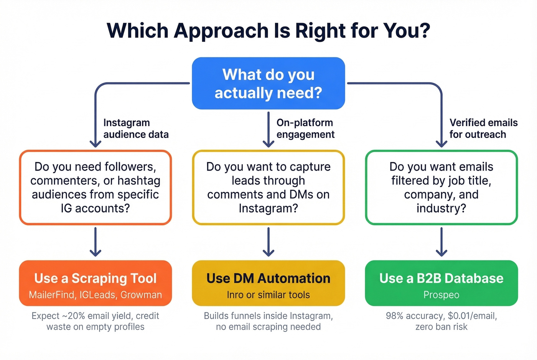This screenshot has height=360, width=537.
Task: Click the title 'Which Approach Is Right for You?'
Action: pyautogui.click(x=268, y=31)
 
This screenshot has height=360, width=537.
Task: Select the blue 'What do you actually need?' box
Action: pyautogui.click(x=268, y=83)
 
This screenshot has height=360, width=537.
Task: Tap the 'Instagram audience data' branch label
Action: pyautogui.click(x=136, y=128)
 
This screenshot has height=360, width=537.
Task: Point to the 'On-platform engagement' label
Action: pyautogui.click(x=305, y=128)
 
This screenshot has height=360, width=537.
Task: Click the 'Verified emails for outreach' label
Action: pyautogui.click(x=483, y=128)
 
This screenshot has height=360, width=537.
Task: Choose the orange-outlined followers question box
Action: pyautogui.click(x=96, y=187)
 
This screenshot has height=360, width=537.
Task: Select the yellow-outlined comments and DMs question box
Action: pyautogui.click(x=268, y=187)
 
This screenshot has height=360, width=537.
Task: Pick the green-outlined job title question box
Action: pyautogui.click(x=441, y=187)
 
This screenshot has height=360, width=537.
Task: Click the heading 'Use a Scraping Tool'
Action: pyautogui.click(x=96, y=278)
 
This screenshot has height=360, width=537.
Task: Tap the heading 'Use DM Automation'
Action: pyautogui.click(x=268, y=278)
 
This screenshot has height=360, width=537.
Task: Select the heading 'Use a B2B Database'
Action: pyautogui.click(x=441, y=278)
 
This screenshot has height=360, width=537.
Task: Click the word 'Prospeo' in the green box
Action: pyautogui.click(x=441, y=295)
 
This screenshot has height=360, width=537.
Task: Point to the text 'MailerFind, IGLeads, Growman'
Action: pyautogui.click(x=96, y=295)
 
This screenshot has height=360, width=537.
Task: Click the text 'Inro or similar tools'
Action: pyautogui.click(x=268, y=295)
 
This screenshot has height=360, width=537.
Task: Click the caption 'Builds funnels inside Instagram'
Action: pyautogui.click(x=268, y=316)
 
